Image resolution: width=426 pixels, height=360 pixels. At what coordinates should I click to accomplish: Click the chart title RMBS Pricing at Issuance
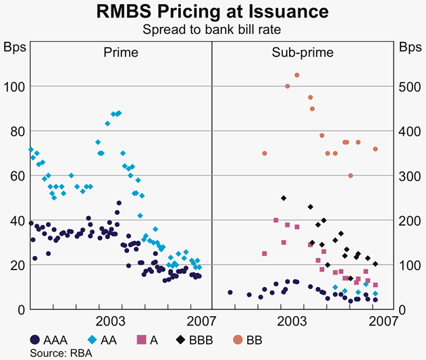coord(213,11)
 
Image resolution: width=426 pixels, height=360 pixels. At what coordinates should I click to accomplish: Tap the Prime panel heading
coord(121,52)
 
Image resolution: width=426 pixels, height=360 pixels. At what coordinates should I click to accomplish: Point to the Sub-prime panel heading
coord(302,52)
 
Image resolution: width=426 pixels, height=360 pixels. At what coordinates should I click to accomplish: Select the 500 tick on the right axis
coord(409,86)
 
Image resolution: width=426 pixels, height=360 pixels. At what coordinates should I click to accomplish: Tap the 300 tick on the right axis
coord(409,176)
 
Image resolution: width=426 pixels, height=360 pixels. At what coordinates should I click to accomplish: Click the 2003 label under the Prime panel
coord(110,319)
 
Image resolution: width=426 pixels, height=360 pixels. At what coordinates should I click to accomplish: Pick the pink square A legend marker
coord(142,340)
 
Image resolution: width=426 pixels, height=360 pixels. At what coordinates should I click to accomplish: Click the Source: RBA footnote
coord(57,352)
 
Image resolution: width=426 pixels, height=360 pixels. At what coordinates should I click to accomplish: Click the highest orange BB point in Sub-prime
coord(297,75)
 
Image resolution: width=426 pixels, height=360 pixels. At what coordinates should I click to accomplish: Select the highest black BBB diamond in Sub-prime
coord(284,198)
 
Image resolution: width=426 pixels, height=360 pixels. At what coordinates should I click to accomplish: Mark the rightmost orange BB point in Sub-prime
coord(375,149)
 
